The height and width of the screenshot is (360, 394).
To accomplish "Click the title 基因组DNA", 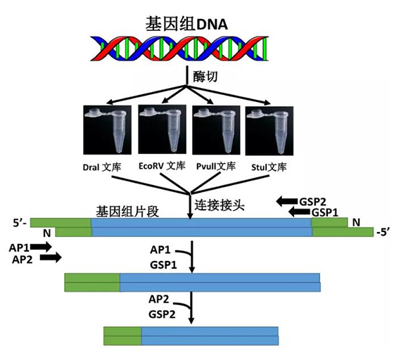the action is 186,24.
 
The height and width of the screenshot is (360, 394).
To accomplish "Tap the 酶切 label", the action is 205,77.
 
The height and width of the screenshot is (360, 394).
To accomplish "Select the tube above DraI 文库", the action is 107,130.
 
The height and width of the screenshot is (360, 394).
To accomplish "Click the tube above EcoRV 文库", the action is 162,129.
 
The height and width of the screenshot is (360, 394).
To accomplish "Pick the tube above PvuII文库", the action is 216,130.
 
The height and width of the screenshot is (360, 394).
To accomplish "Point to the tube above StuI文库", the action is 269,131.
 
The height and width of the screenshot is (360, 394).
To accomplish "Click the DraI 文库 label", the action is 102,167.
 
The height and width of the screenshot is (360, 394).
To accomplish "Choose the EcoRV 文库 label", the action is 162,166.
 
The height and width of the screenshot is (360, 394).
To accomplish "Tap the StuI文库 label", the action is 269,167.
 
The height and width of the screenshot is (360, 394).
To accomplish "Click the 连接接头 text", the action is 220,205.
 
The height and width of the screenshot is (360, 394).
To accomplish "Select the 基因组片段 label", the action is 127,212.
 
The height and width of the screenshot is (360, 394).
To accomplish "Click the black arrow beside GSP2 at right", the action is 287,201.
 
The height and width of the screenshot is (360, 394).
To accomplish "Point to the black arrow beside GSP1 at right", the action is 299,212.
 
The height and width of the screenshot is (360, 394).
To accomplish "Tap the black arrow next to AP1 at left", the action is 41,247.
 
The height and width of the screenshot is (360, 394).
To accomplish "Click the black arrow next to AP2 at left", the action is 51,257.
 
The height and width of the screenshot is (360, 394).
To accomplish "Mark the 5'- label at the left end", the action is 20,223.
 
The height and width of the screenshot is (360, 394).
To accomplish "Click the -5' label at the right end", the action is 383,233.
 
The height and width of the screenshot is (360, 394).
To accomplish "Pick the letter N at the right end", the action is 356,222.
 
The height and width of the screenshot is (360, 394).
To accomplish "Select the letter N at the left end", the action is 47,233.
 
